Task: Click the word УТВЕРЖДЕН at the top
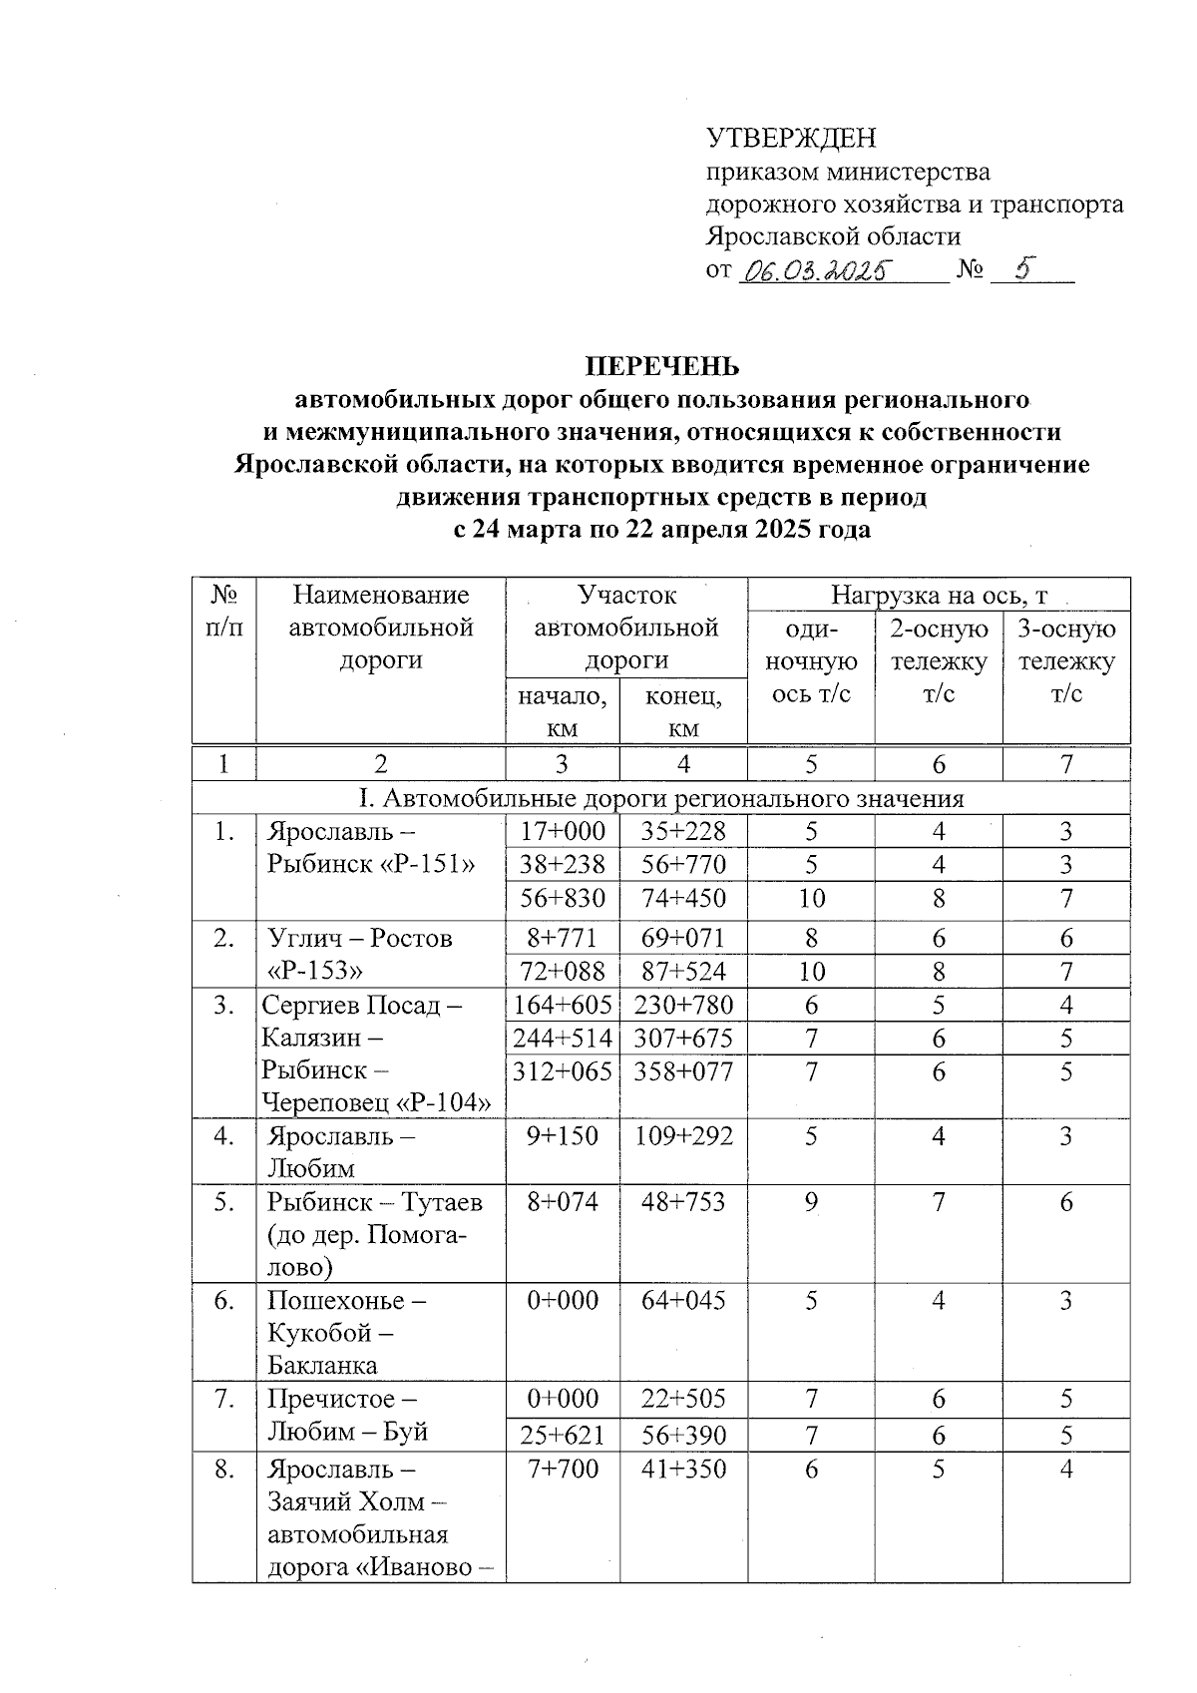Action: [791, 138]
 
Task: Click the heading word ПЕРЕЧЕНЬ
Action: [661, 366]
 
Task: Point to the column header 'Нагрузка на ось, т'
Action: [939, 596]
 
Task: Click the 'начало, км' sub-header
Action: [562, 710]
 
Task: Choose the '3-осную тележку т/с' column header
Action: [1066, 660]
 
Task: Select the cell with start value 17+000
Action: [562, 831]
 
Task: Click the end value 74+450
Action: [683, 898]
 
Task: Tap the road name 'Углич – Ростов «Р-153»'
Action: [359, 954]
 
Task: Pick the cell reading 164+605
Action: [562, 1005]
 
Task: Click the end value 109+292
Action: [683, 1135]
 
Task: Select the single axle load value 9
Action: [811, 1202]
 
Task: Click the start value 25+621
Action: [562, 1435]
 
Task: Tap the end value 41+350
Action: [683, 1469]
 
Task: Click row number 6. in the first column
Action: [223, 1300]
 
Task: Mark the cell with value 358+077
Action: [683, 1071]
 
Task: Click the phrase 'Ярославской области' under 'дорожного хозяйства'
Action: [833, 236]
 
